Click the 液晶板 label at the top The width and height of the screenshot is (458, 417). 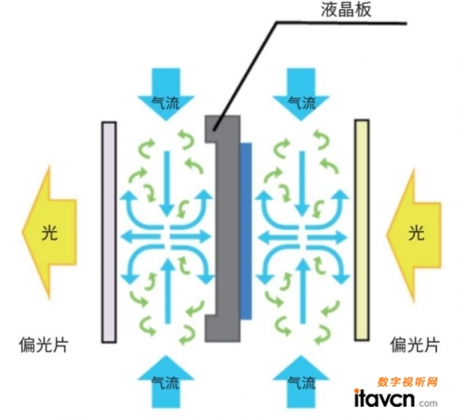point(346,9)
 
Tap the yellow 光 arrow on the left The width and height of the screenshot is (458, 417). point(49,233)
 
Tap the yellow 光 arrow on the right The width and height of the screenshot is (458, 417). point(414,235)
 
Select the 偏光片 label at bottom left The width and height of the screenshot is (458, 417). point(43,346)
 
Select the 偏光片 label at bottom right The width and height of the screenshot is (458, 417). point(415,345)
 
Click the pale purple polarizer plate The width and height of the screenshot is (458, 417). point(109,232)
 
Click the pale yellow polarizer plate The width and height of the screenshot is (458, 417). point(362,230)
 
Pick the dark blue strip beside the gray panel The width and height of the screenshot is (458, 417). point(246,231)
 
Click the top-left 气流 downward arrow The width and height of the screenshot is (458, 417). point(166,94)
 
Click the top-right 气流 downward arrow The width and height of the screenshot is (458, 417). point(301,94)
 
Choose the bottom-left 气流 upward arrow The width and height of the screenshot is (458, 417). point(166,381)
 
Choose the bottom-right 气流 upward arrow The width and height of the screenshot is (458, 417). point(301,381)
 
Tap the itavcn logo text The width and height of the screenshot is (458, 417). point(384,398)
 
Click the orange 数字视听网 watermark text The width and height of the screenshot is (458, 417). point(408,382)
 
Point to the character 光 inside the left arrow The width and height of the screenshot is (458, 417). point(49,233)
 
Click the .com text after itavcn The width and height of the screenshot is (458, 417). point(427,402)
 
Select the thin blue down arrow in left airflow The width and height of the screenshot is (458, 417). point(167,184)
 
